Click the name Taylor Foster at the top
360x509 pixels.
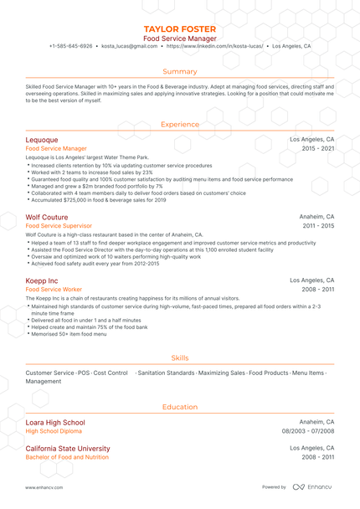[x=180, y=28]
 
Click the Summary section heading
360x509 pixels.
[x=180, y=71]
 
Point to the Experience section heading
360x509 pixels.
[x=180, y=124]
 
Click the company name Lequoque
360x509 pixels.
[x=42, y=140]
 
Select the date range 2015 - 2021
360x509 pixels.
[x=318, y=148]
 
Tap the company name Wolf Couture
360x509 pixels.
[x=46, y=217]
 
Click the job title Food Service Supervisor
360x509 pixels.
[x=59, y=226]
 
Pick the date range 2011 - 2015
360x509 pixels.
[x=318, y=226]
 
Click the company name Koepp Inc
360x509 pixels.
[x=42, y=280]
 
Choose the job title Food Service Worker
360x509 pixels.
[x=54, y=289]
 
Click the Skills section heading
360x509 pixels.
[x=180, y=357]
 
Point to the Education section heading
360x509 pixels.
[x=180, y=407]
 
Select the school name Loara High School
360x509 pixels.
[x=55, y=423]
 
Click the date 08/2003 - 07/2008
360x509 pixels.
[x=307, y=431]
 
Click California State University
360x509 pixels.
[x=68, y=449]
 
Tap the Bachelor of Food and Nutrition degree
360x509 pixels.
[x=67, y=458]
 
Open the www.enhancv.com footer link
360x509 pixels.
[x=41, y=487]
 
